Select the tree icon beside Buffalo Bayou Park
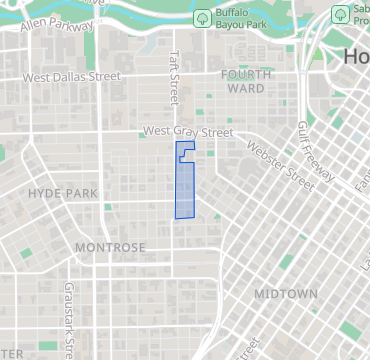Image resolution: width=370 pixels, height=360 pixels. pos(202,19)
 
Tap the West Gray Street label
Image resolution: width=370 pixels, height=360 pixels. pos(187,131)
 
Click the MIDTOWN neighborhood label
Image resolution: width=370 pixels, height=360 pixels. pos(285,294)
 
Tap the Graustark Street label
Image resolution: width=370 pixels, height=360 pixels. pos(69,317)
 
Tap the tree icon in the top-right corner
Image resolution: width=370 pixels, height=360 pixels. pos(342,17)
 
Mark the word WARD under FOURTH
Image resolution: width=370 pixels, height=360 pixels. pos(246,88)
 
